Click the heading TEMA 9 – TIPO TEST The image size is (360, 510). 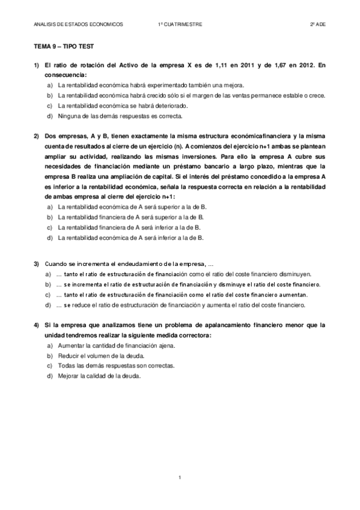63,46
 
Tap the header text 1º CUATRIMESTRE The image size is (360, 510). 180,25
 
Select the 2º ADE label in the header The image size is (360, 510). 317,25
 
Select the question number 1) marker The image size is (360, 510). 37,64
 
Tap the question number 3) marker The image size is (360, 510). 37,264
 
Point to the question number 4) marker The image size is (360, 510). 37,325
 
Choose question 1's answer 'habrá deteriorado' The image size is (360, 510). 118,105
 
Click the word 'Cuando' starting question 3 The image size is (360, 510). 55,264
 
